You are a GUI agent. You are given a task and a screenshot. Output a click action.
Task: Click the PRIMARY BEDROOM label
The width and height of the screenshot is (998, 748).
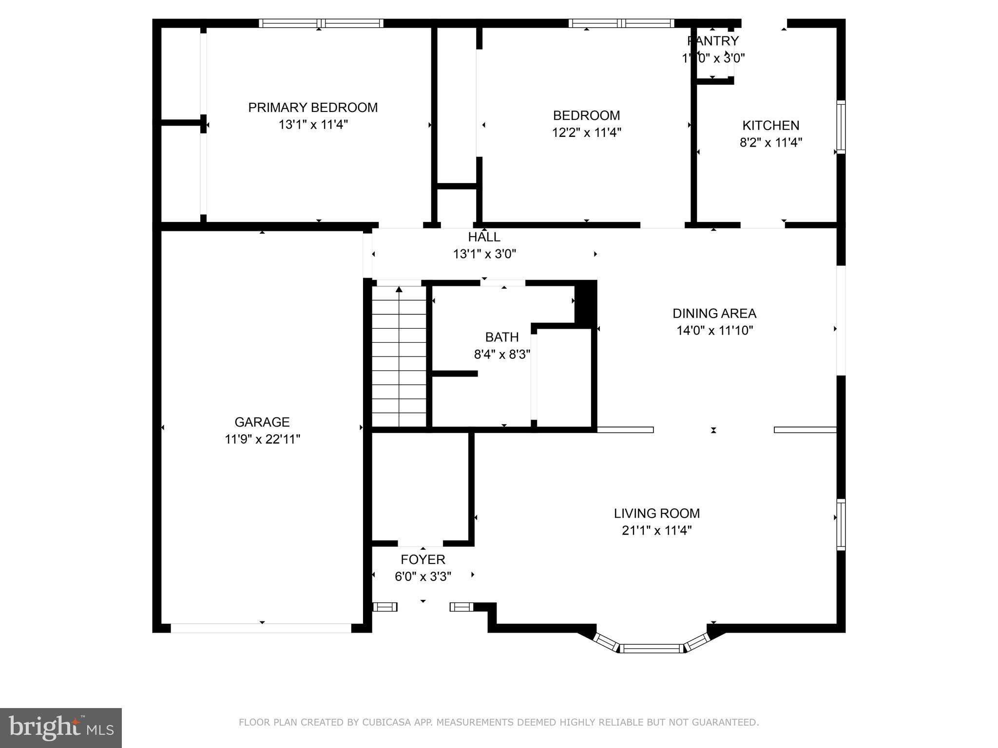313,108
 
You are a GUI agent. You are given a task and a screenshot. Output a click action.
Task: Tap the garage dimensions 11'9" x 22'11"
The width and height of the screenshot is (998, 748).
262,439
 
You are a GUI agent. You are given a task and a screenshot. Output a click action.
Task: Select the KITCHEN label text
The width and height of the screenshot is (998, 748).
770,126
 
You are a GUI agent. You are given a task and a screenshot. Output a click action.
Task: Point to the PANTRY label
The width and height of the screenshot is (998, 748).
713,41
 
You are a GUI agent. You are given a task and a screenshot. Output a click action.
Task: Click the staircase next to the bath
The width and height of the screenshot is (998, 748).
399,356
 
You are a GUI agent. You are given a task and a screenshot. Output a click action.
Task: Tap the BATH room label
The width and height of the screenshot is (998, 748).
501,337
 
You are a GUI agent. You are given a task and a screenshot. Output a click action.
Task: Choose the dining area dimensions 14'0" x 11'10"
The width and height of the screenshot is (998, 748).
714,331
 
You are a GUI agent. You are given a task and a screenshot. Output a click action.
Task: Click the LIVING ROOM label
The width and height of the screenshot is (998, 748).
656,513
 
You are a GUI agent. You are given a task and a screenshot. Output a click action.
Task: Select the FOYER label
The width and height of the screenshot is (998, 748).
422,560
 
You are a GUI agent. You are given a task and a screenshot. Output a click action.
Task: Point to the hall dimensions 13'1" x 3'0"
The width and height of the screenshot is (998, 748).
484,254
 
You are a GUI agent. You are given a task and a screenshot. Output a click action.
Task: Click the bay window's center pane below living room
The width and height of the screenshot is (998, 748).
652,648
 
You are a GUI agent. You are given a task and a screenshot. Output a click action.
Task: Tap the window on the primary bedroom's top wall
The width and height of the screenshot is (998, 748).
321,23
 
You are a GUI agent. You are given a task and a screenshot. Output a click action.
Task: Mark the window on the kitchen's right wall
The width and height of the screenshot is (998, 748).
841,127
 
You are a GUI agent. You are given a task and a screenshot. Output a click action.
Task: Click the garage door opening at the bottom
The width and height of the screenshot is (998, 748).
261,628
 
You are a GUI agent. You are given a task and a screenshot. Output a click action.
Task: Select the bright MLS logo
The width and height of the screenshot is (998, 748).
61,728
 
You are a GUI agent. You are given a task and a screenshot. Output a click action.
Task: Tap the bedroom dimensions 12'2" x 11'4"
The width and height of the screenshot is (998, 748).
586,132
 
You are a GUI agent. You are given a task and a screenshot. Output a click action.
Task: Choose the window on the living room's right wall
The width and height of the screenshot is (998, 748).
841,524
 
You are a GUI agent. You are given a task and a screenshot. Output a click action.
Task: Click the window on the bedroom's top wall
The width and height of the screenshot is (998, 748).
621,23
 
